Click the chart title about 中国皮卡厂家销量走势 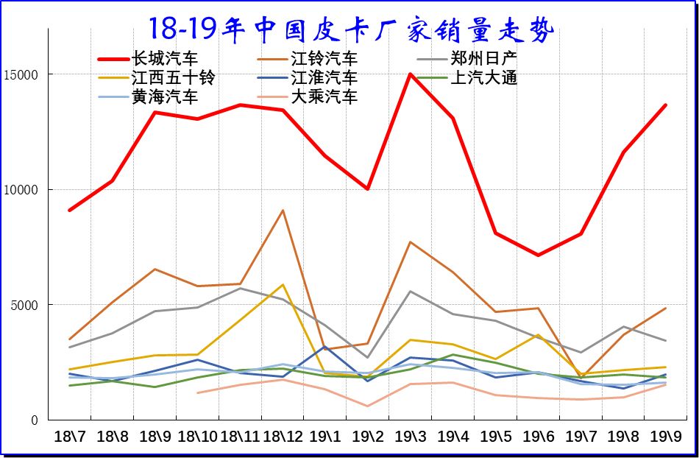click(x=351, y=29)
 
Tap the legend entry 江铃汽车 click(x=324, y=58)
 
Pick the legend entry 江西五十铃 click(x=172, y=77)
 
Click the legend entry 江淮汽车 click(x=324, y=77)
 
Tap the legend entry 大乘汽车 click(x=324, y=96)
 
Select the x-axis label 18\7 click(x=70, y=436)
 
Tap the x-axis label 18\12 click(x=283, y=436)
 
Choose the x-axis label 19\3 click(x=411, y=436)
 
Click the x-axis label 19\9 click(x=666, y=436)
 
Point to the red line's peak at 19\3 click(x=411, y=74)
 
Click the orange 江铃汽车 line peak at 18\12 click(x=283, y=211)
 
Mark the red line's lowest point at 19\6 click(x=539, y=255)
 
